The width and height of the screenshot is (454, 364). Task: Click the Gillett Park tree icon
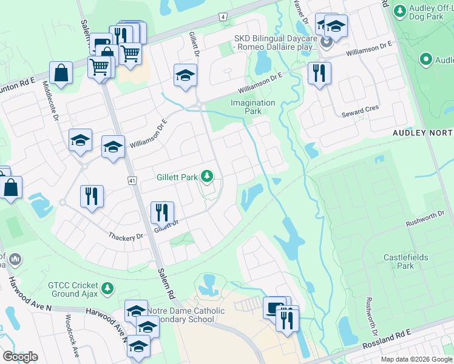pyautogui.click(x=208, y=177)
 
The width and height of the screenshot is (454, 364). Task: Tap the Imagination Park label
pyautogui.click(x=253, y=107)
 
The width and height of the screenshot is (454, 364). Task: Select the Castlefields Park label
pyautogui.click(x=405, y=261)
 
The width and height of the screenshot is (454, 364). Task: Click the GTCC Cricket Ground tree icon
pyautogui.click(x=107, y=288)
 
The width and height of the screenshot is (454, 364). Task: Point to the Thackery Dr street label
pyautogui.click(x=126, y=237)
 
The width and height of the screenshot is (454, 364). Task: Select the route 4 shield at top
pyautogui.click(x=223, y=16)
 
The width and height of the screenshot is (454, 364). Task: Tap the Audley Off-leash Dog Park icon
pyautogui.click(x=400, y=10)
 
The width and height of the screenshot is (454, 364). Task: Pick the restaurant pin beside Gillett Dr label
pyautogui.click(x=162, y=212)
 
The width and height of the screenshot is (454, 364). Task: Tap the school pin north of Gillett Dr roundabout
pyautogui.click(x=185, y=75)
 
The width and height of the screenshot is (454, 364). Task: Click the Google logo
pyautogui.click(x=20, y=357)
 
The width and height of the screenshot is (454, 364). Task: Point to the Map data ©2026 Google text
pyautogui.click(x=416, y=359)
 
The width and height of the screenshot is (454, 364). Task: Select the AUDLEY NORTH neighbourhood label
pyautogui.click(x=422, y=133)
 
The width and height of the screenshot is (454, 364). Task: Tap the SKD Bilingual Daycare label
pyautogui.click(x=276, y=42)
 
